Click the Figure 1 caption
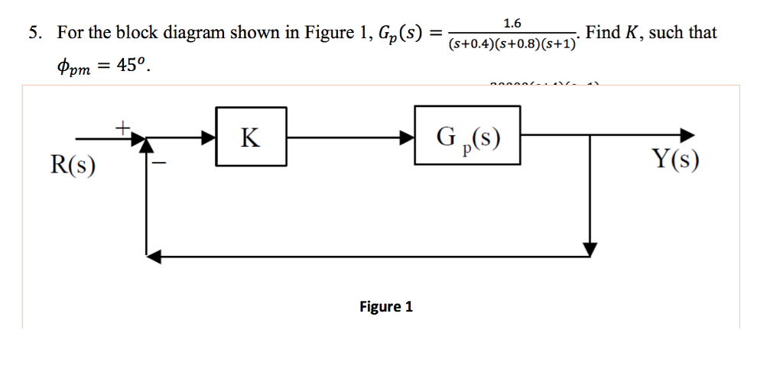(386, 306)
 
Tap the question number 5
(34, 33)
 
